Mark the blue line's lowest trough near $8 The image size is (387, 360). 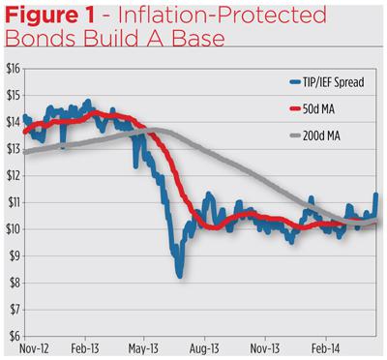(179, 277)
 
